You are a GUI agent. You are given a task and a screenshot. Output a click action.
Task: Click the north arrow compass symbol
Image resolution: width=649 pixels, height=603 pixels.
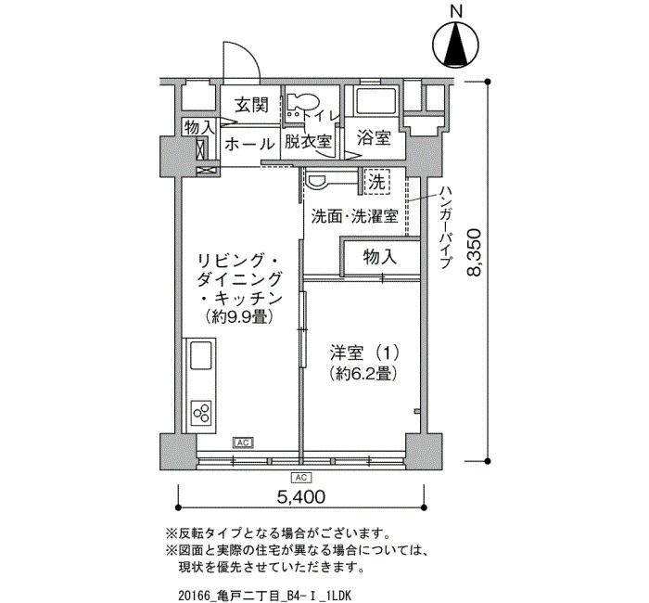point(455,45)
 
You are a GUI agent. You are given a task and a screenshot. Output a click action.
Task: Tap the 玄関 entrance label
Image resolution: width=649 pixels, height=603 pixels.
point(251,105)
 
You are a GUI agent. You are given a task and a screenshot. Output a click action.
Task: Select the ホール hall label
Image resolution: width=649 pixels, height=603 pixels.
point(249,145)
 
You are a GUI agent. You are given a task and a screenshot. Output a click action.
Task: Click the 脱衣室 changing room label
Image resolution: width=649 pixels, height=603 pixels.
point(308,142)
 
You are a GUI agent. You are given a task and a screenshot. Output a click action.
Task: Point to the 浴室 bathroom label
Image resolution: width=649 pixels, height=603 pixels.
point(375,137)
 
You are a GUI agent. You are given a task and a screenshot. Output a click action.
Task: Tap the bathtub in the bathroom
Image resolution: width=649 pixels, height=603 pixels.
point(376,101)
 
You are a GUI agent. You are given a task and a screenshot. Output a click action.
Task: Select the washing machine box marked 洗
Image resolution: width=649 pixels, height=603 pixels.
point(377,182)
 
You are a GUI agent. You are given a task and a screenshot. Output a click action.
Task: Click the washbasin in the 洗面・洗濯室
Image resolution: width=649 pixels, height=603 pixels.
point(317,181)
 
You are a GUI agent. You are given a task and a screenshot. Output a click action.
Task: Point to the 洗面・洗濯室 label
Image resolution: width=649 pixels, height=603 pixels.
point(355,216)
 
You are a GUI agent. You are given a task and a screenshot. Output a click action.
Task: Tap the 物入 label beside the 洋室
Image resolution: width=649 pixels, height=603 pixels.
point(380,257)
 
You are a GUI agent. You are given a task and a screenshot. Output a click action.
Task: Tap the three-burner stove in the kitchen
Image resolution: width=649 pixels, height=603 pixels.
point(201,413)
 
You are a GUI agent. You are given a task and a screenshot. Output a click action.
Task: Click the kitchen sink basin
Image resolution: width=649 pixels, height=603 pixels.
point(201,355)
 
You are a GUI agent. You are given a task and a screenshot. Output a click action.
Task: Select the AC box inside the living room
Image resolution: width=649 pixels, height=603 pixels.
point(243,443)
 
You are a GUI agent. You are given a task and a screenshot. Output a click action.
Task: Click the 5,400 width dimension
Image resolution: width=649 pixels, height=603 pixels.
point(301,496)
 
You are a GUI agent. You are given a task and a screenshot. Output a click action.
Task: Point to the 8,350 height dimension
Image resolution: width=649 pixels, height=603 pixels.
point(475,251)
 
